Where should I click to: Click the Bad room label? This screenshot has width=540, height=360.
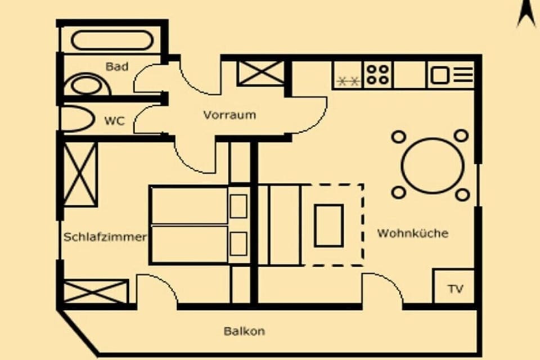click(x=117, y=66)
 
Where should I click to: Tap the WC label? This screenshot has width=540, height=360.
click(x=114, y=121)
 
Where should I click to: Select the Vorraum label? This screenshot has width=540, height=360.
click(x=229, y=115)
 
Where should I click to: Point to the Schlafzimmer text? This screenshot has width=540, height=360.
click(x=105, y=237)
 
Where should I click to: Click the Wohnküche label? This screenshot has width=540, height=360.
click(x=413, y=233)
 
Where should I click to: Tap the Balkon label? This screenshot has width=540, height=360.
click(x=245, y=331)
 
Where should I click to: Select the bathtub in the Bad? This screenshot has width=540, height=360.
click(x=112, y=40)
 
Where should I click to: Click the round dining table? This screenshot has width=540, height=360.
click(x=433, y=166)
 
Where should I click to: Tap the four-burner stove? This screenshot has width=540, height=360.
click(x=377, y=75)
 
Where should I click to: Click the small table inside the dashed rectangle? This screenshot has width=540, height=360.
click(x=328, y=226)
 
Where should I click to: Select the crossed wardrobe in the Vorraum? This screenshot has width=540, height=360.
click(x=262, y=73)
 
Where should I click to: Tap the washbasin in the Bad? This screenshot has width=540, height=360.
click(x=88, y=84)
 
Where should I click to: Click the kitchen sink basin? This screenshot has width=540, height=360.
click(x=440, y=75)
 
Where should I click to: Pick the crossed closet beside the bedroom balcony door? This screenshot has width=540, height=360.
click(x=96, y=292)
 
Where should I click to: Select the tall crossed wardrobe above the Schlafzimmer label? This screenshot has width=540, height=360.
click(x=80, y=174)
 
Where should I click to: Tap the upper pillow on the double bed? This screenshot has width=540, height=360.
click(x=238, y=206)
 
